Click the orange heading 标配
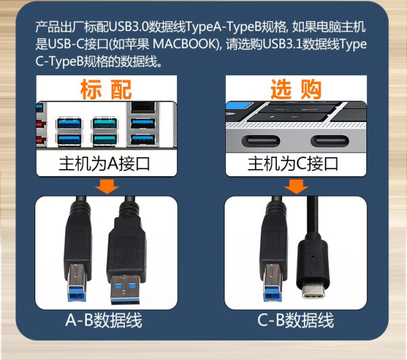coord(106,89)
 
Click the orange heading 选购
coord(296,89)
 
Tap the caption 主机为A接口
coord(104,164)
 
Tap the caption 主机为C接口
coord(293,164)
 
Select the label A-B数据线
coord(104,320)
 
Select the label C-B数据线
coord(296,320)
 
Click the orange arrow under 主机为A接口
coord(107,186)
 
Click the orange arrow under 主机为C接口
coord(296,186)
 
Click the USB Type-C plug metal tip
coord(314,292)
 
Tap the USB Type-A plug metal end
coord(125,290)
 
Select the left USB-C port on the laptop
coord(260,141)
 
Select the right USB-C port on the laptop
coord(330,141)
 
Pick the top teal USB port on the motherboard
coord(104,123)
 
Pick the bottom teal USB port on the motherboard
coord(104,140)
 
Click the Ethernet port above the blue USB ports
coord(143,107)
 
